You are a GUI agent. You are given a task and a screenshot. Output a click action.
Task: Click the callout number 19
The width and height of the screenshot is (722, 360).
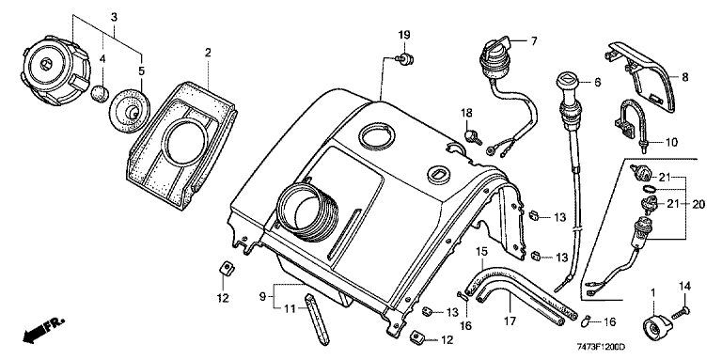coord(404,35)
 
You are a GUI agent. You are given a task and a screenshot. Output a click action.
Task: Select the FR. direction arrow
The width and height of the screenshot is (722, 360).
coord(43,330)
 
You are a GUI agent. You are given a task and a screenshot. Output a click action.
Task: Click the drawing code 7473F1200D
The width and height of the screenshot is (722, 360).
coord(604,346)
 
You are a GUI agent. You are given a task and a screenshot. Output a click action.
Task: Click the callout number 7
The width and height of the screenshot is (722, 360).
coord(533,41)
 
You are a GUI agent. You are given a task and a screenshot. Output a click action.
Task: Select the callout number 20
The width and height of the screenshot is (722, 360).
coord(698,204)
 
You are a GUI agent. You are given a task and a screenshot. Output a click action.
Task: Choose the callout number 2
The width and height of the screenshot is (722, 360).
coord(208,53)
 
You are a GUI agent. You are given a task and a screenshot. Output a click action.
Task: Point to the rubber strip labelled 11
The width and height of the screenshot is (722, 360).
coord(316,321)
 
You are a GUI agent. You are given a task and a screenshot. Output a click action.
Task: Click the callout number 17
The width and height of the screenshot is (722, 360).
coord(510,320)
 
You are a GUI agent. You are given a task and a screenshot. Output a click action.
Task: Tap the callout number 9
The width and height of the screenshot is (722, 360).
coord(262,297)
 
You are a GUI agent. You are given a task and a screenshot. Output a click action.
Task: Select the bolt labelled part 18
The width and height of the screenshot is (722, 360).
coord(473,136)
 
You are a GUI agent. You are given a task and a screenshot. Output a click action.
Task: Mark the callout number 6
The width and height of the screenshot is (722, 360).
coord(597,83)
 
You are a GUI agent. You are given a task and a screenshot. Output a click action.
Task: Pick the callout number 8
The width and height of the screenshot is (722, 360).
coord(685,77)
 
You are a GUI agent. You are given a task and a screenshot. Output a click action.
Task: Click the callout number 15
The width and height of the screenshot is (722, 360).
coord(481,251)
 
